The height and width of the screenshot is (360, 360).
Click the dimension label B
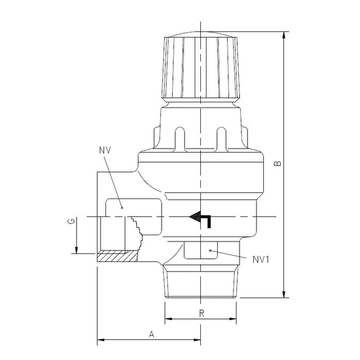278,163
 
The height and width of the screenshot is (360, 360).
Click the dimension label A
151,334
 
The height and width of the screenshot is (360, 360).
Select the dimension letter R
201,314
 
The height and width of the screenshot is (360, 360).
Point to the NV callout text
104,151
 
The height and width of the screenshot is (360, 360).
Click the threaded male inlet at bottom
201,281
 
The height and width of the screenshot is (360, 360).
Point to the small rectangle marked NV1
201,250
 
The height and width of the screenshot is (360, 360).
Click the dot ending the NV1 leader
212,250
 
